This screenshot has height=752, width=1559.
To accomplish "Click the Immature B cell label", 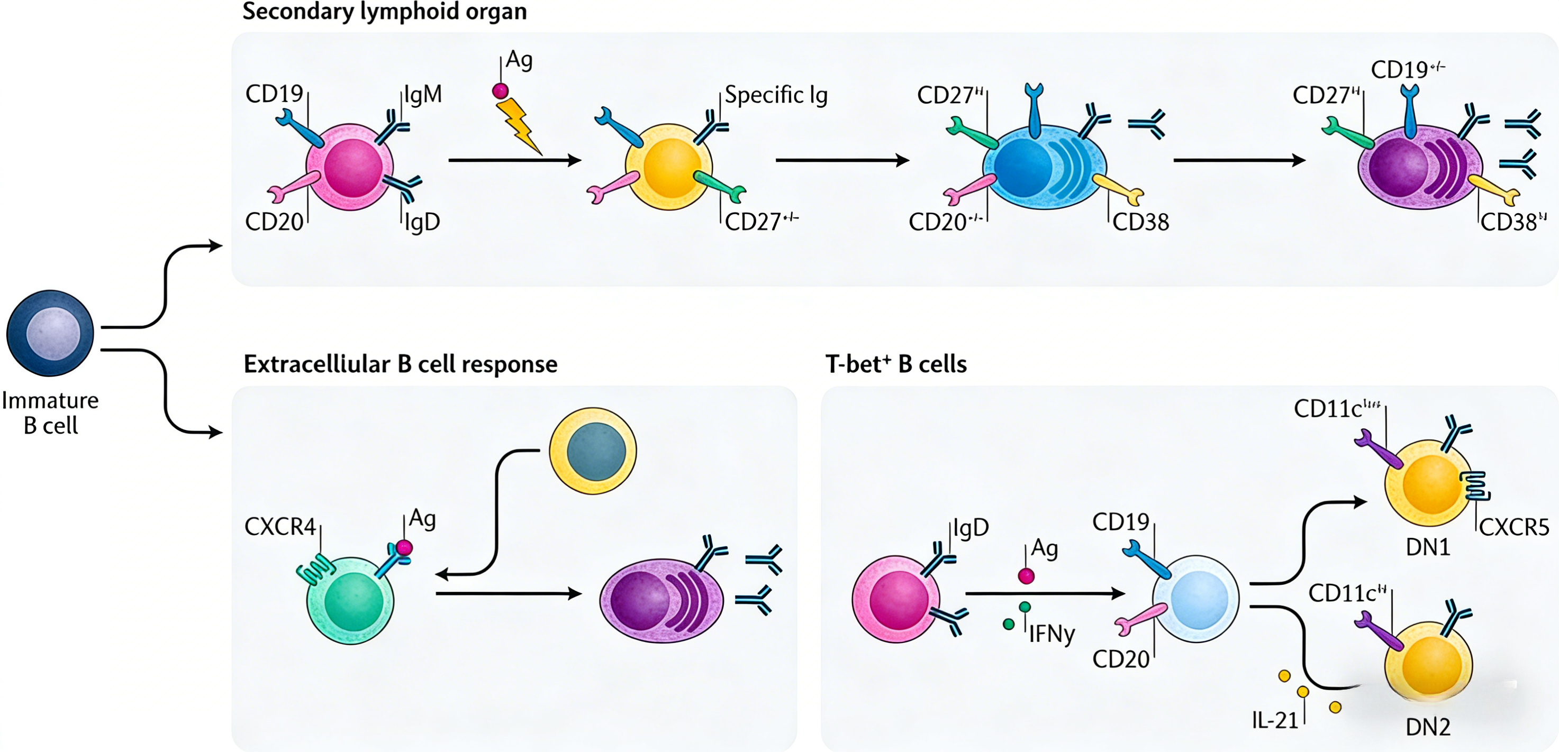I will pyautogui.click(x=50, y=412).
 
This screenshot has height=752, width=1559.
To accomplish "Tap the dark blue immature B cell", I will pyautogui.click(x=50, y=333).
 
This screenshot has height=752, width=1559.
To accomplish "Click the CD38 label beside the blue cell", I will pyautogui.click(x=1140, y=222).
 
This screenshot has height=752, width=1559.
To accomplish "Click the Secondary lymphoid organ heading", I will pyautogui.click(x=384, y=12).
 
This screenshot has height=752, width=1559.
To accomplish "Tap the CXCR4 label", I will pyautogui.click(x=279, y=526).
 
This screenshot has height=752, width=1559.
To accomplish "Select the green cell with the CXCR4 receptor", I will pyautogui.click(x=350, y=600).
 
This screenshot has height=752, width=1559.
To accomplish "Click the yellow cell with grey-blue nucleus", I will pyautogui.click(x=593, y=451).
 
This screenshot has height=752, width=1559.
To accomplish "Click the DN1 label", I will pyautogui.click(x=1428, y=547).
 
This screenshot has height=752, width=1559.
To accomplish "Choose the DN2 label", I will pyautogui.click(x=1428, y=727).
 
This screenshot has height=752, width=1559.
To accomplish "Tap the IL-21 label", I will pyautogui.click(x=1274, y=720).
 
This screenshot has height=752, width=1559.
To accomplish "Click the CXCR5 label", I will pyautogui.click(x=1513, y=527).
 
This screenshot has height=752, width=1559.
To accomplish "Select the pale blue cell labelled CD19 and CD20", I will pyautogui.click(x=1195, y=599).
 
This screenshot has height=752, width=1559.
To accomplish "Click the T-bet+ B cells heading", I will pyautogui.click(x=896, y=364).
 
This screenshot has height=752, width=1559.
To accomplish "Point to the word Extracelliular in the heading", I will pyautogui.click(x=316, y=364).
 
